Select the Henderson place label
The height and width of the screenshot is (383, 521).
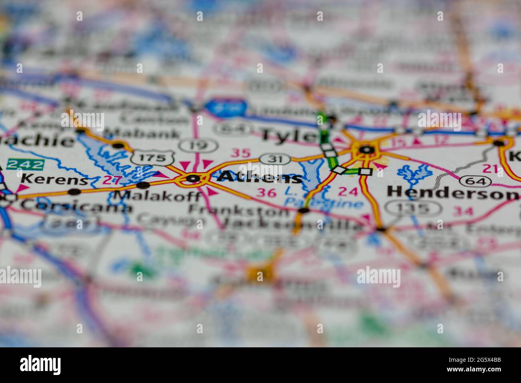click(x=452, y=194)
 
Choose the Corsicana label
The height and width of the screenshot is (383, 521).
click(x=76, y=206)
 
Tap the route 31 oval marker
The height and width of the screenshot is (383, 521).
click(x=275, y=159)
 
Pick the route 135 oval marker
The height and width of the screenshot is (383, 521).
click(x=414, y=208)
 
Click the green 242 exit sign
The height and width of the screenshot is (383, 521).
click(x=25, y=164)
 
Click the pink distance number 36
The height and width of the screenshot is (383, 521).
click(x=267, y=193)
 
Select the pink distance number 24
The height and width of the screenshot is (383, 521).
click(x=347, y=191)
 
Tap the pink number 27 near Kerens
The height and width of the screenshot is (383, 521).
click(x=109, y=180)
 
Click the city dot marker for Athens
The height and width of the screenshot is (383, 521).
click(x=193, y=178)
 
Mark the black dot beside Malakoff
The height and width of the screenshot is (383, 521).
click(x=143, y=185)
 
